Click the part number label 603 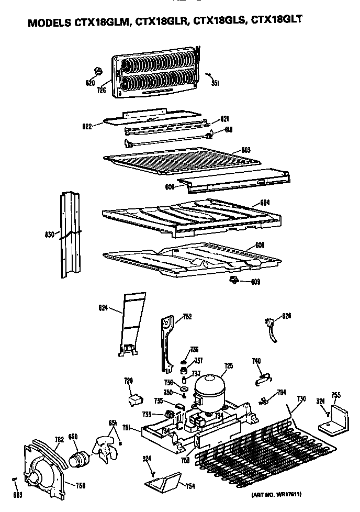click(246, 150)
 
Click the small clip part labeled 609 click(233, 282)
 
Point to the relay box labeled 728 click(136, 400)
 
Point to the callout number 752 click(187, 317)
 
